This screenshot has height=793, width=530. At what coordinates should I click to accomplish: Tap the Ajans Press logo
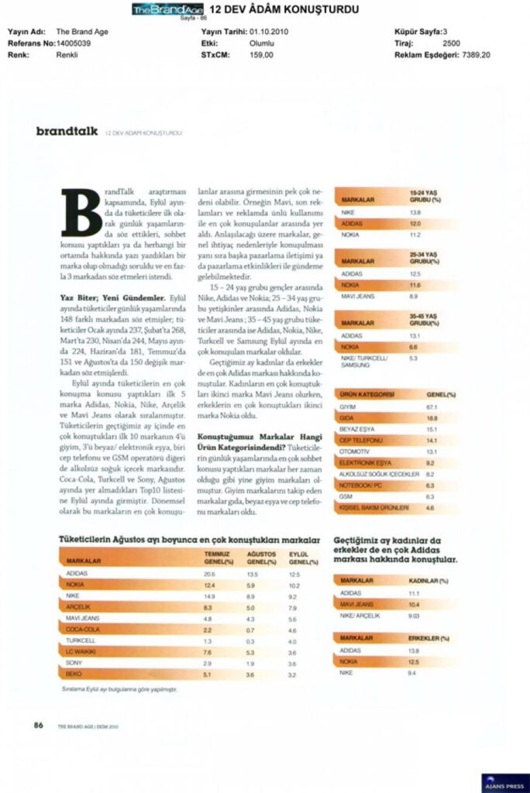[x=504, y=782]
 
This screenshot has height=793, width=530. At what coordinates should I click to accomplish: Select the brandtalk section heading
[x=67, y=132]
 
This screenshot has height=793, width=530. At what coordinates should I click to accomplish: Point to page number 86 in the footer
[x=38, y=725]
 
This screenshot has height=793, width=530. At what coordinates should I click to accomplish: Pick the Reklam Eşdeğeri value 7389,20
[x=476, y=55]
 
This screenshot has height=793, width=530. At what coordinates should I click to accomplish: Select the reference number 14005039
[x=74, y=43]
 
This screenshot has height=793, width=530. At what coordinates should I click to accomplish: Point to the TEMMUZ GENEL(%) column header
[x=219, y=558]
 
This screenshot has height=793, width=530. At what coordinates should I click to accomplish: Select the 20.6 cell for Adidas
[x=209, y=574]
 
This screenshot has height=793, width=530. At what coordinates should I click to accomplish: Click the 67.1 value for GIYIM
[x=432, y=407]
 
